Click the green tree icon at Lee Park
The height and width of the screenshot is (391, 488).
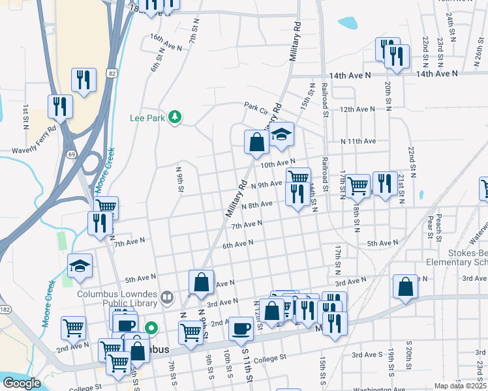pyautogui.click(x=174, y=117)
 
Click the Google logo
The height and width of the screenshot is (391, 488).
pyautogui.click(x=22, y=383)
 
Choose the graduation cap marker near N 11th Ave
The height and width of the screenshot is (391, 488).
pyautogui.click(x=281, y=135)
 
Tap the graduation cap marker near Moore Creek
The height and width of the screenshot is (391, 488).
pyautogui.click(x=80, y=266)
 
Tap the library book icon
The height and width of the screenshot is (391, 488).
pyautogui.click(x=167, y=298)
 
